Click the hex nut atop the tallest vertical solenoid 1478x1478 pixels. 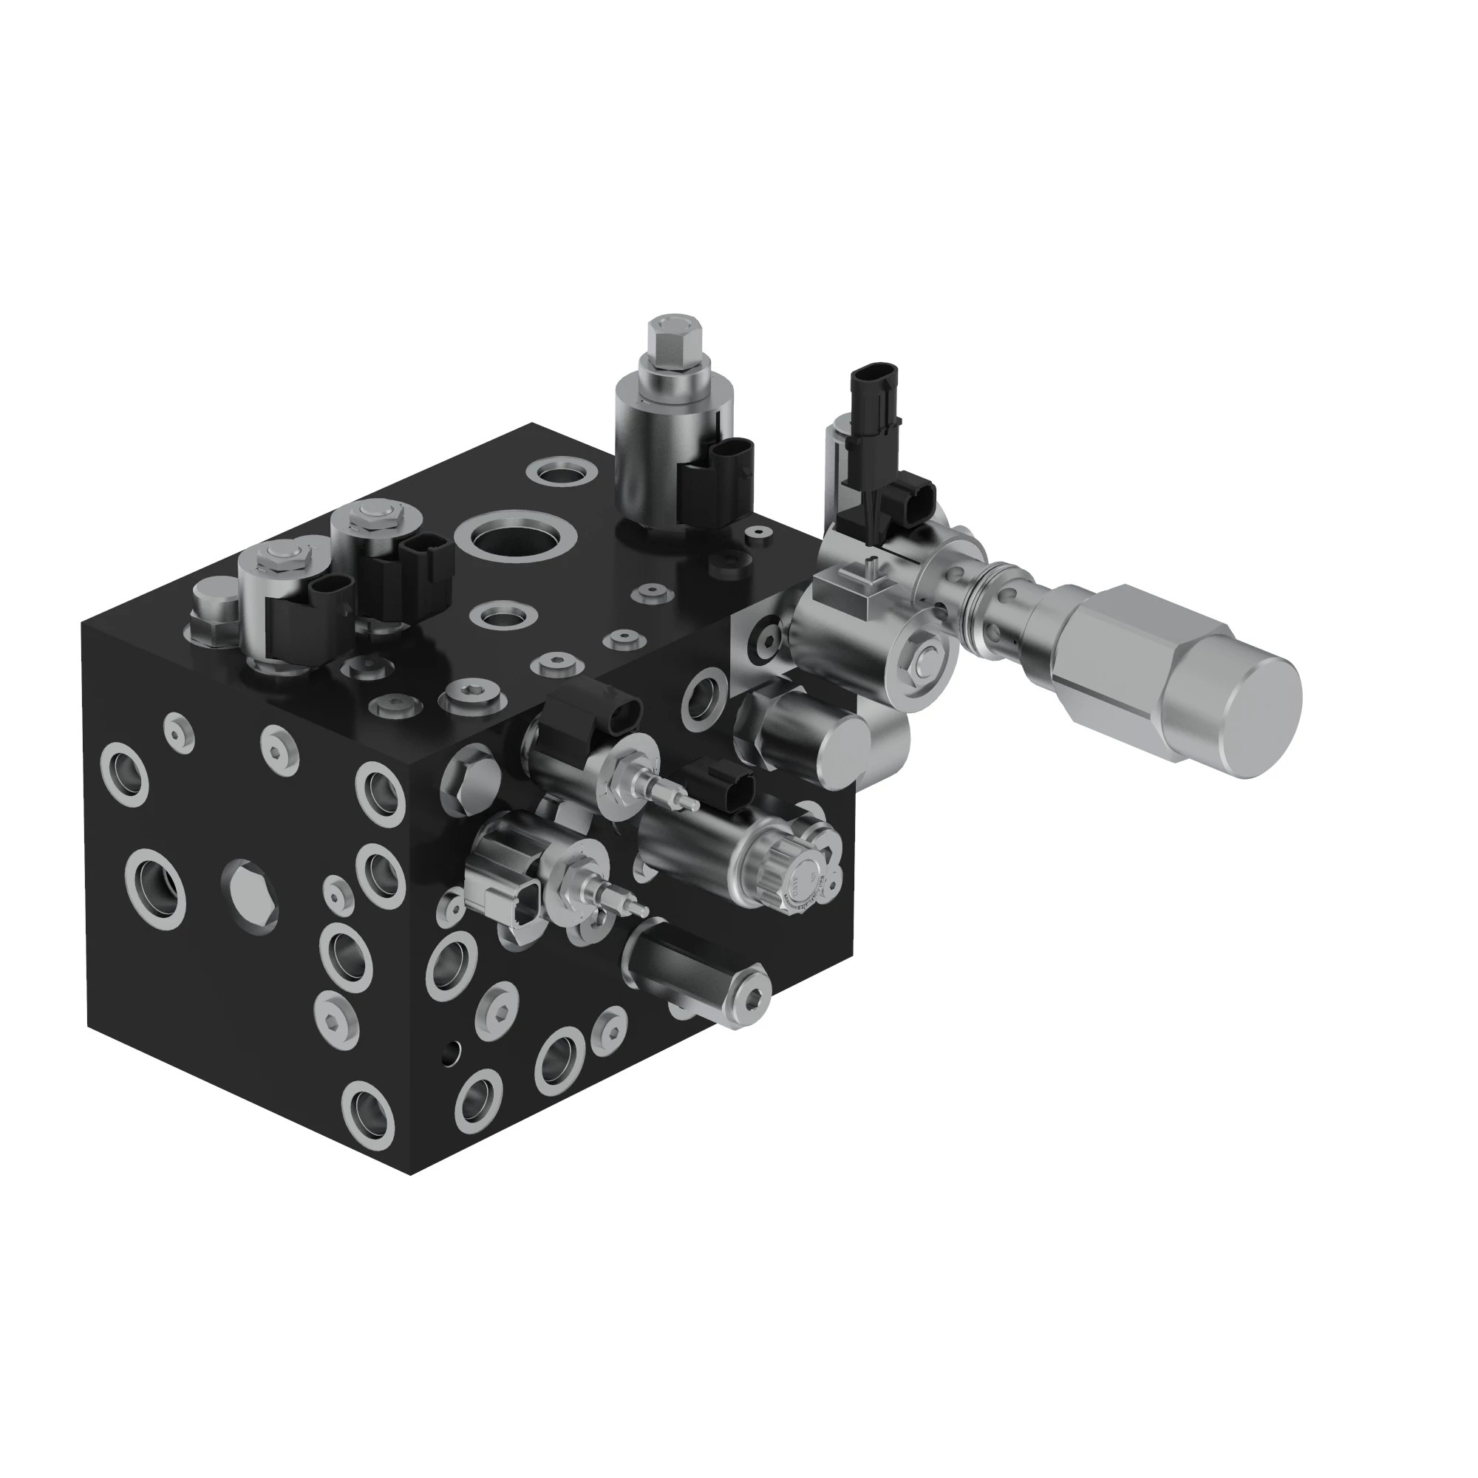click(x=670, y=336)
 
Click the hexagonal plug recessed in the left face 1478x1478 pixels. click(x=249, y=892)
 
